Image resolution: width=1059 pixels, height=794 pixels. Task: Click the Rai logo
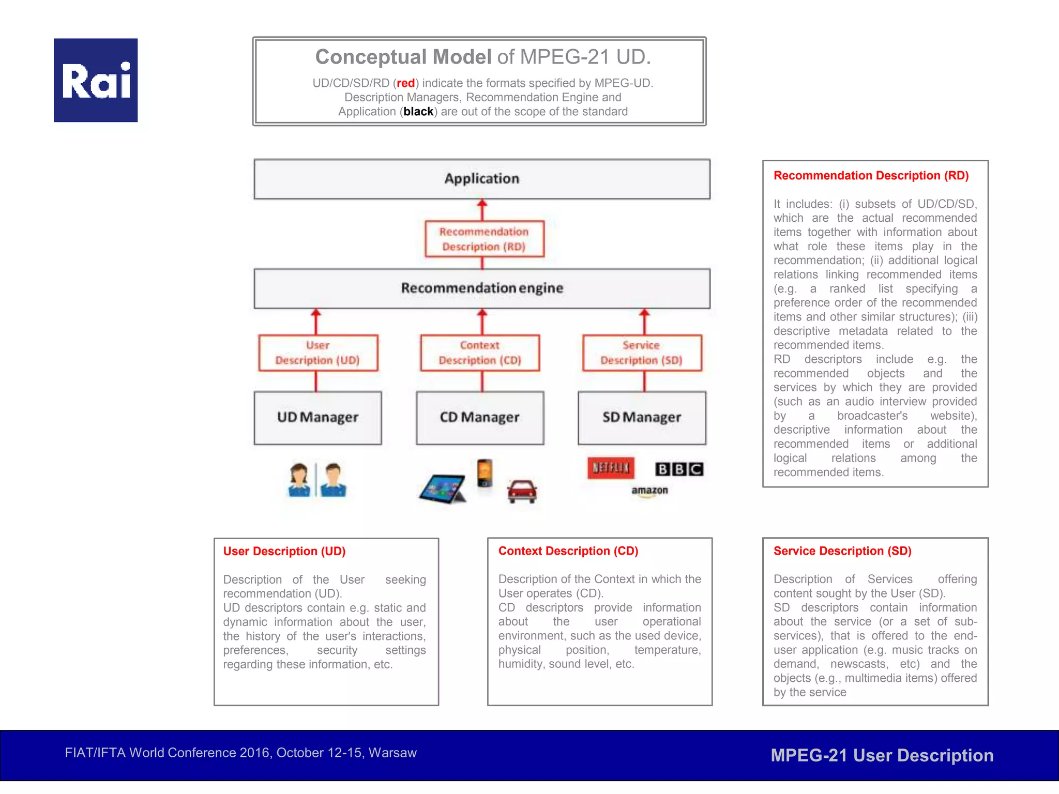(x=96, y=80)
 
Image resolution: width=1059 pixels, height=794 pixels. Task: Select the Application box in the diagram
(x=482, y=179)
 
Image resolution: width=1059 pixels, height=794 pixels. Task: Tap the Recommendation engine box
(x=482, y=288)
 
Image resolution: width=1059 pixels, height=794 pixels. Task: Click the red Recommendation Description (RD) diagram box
(x=484, y=239)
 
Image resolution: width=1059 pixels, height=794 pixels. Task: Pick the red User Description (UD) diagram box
(x=318, y=353)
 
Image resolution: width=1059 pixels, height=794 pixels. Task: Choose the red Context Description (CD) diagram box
(x=480, y=353)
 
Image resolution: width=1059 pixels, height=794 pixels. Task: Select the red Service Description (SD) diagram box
(x=642, y=353)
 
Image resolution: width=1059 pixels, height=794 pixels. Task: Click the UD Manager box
(x=318, y=417)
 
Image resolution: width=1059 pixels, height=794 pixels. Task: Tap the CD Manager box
(x=480, y=417)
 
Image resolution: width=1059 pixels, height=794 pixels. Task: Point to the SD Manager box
(x=642, y=417)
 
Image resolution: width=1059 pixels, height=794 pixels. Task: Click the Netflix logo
(x=611, y=468)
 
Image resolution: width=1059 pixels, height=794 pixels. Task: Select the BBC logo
(x=679, y=469)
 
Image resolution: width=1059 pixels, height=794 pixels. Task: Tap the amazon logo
(x=649, y=491)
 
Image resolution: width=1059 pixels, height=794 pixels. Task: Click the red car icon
(x=522, y=491)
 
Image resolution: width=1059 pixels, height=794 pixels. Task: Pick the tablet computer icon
(x=442, y=488)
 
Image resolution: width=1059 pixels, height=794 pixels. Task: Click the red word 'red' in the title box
(x=406, y=83)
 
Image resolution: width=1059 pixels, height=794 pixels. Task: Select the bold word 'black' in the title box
(x=418, y=112)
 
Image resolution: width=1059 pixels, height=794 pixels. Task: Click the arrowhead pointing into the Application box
(x=482, y=203)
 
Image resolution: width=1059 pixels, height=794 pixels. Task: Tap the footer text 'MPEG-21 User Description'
(x=882, y=755)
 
